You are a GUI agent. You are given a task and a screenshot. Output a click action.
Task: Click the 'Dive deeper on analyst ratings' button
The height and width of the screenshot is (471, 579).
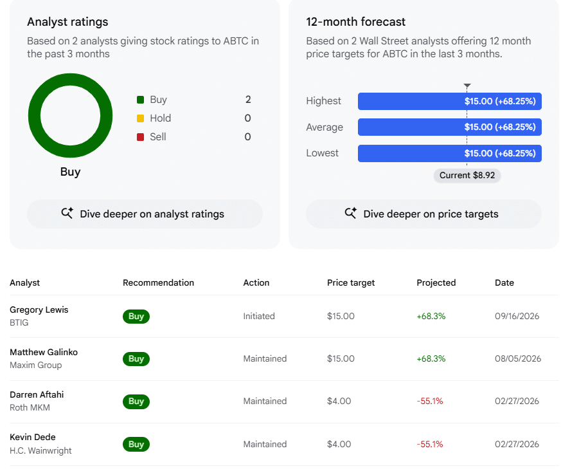click(x=145, y=214)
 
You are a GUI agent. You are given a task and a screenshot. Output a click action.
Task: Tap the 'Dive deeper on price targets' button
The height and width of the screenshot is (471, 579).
click(x=423, y=214)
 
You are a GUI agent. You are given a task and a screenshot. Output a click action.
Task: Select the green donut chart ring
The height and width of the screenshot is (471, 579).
click(x=34, y=115)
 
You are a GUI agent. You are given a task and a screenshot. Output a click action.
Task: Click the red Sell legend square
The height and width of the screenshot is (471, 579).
click(x=140, y=137)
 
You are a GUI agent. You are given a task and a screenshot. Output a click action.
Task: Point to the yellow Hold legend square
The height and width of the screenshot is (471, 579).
click(x=140, y=118)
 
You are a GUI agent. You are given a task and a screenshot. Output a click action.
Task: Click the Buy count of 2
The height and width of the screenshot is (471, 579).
click(x=248, y=100)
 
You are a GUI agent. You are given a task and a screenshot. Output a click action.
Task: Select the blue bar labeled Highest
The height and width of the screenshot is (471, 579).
click(x=450, y=101)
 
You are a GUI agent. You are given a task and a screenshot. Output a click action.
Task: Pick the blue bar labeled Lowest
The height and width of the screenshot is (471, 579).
click(x=450, y=153)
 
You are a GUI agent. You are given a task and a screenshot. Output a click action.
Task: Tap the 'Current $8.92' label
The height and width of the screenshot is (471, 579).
click(x=467, y=175)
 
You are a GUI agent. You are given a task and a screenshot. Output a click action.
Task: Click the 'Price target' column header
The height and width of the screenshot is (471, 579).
click(x=351, y=283)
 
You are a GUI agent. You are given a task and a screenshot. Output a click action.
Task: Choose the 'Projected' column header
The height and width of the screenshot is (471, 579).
click(x=436, y=283)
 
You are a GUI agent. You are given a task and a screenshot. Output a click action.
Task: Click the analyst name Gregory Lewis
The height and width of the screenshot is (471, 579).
click(x=39, y=309)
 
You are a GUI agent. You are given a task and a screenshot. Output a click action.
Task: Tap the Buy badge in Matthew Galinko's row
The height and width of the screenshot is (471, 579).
click(x=136, y=359)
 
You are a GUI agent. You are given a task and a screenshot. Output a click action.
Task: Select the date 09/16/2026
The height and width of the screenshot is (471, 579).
click(x=517, y=317)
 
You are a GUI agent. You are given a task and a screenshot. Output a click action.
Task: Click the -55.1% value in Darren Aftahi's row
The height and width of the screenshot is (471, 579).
click(x=430, y=402)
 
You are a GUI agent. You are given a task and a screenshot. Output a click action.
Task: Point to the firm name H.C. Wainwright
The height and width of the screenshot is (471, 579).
click(x=40, y=450)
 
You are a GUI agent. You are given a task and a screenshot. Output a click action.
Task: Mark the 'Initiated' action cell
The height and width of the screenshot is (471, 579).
click(x=259, y=317)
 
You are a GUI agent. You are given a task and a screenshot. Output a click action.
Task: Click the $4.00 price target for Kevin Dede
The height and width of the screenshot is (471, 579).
click(x=339, y=445)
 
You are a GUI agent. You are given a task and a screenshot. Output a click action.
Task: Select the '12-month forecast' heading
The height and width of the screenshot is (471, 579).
click(x=355, y=22)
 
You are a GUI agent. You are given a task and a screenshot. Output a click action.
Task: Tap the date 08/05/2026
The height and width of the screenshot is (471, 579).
click(x=518, y=359)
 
